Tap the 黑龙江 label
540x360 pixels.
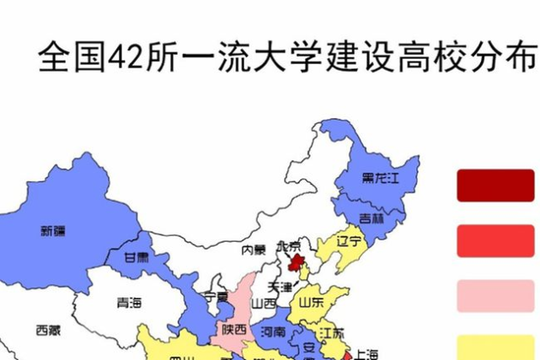pos(378,178)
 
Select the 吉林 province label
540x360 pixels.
pos(372,218)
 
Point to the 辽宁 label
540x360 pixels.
pos(349,241)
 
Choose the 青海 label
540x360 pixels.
pos(129,301)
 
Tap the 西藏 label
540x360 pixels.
pos(48,330)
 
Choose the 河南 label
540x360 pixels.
pos(273,331)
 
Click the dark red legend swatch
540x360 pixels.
pos(495,185)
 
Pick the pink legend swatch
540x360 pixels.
pos(495,295)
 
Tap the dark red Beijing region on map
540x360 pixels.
pos(295,262)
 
